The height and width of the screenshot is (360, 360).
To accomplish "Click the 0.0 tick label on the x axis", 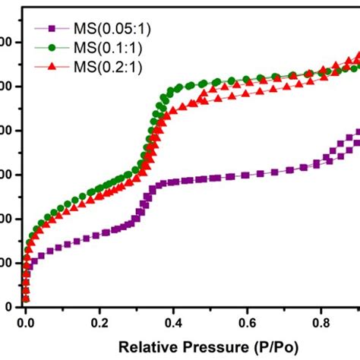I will click(x=26, y=322).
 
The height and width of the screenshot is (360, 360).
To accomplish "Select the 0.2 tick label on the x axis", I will click(x=99, y=322).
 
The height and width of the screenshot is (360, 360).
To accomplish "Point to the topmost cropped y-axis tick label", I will click(x=4, y=42).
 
